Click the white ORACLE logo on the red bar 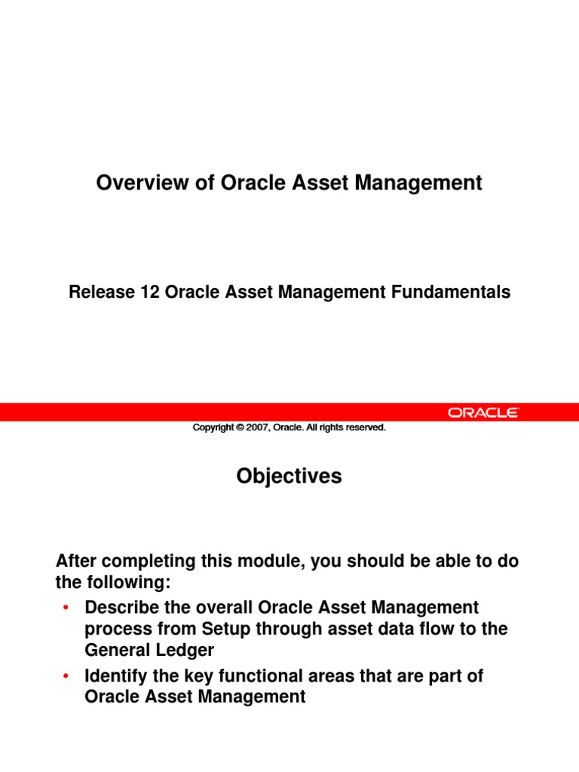483,412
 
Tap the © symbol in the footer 239,427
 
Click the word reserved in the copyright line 365,427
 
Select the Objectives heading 289,476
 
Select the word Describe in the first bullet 126,608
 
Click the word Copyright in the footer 213,427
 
